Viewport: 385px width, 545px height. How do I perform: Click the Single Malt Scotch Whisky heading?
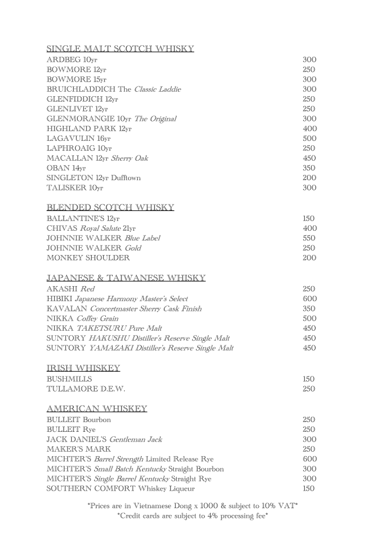point(120,49)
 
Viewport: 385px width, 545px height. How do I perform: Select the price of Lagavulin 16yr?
point(309,138)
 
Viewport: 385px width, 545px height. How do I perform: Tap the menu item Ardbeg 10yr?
point(72,60)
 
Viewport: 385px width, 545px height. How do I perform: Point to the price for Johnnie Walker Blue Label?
point(309,238)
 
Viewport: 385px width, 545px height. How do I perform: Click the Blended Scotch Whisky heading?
point(110,207)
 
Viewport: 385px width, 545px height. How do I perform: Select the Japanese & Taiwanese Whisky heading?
point(126,278)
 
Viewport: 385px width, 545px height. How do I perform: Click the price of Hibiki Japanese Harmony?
point(309,299)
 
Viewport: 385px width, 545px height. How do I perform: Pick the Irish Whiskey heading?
point(83,368)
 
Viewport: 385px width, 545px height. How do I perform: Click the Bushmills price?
point(309,379)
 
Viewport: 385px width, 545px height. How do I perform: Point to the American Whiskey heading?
point(97,409)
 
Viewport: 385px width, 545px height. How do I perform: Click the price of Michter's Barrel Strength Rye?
point(309,459)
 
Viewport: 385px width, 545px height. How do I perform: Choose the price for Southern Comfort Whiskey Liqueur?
point(309,488)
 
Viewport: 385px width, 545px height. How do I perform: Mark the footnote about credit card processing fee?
point(192,516)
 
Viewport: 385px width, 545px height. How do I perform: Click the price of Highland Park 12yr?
point(309,129)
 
